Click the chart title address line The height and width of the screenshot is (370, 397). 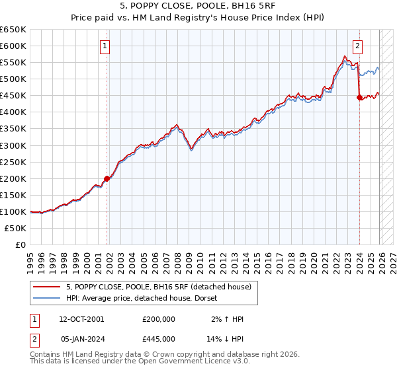pos(198,7)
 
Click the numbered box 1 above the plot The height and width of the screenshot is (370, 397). pos(106,46)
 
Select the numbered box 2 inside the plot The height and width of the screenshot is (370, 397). pos(357,46)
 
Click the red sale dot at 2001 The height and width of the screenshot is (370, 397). pos(107,178)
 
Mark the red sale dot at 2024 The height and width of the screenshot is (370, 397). pos(359,97)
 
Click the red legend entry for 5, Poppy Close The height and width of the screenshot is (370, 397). pos(159,287)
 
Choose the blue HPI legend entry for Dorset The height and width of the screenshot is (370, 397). pos(146,299)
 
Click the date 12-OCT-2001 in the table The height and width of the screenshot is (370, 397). pos(81,319)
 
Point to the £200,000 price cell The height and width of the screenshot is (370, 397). pos(158,319)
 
